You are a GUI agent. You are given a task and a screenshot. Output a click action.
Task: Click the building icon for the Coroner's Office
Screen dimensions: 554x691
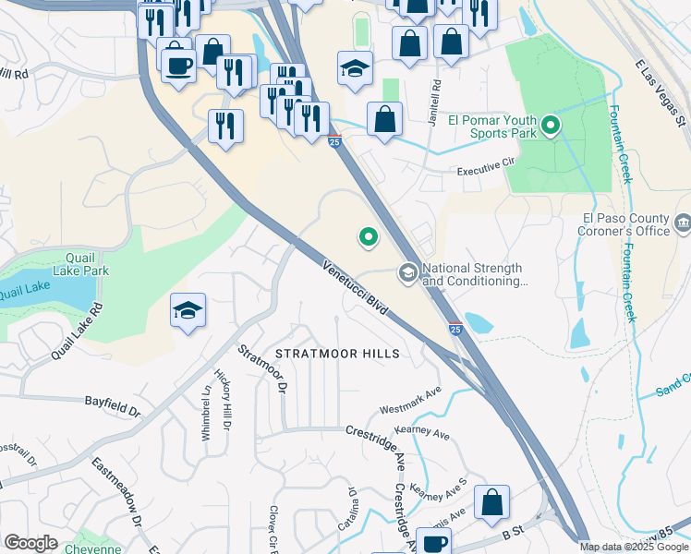click(683, 223)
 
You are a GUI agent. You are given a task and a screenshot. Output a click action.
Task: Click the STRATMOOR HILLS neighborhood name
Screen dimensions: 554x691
click(338, 354)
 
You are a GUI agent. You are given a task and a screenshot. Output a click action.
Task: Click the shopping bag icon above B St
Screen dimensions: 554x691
click(491, 502)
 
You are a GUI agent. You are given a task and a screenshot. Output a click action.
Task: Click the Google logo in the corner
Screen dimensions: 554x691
click(30, 543)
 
